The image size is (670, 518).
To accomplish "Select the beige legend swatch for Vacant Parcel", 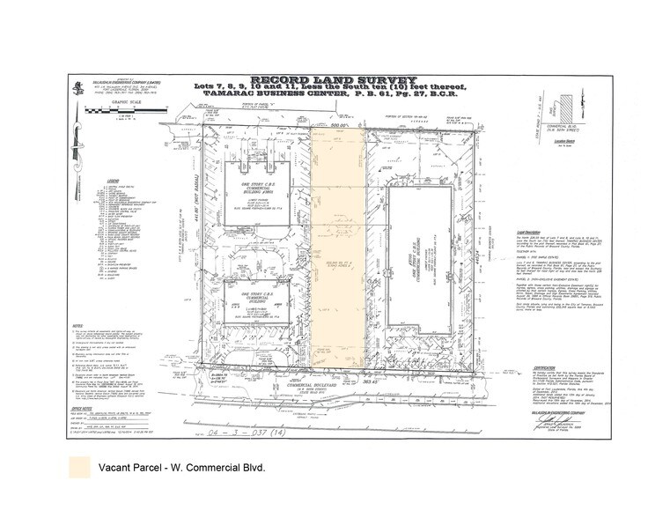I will pos(77,466).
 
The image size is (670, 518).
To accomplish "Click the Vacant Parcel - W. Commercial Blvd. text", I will pos(181,466).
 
